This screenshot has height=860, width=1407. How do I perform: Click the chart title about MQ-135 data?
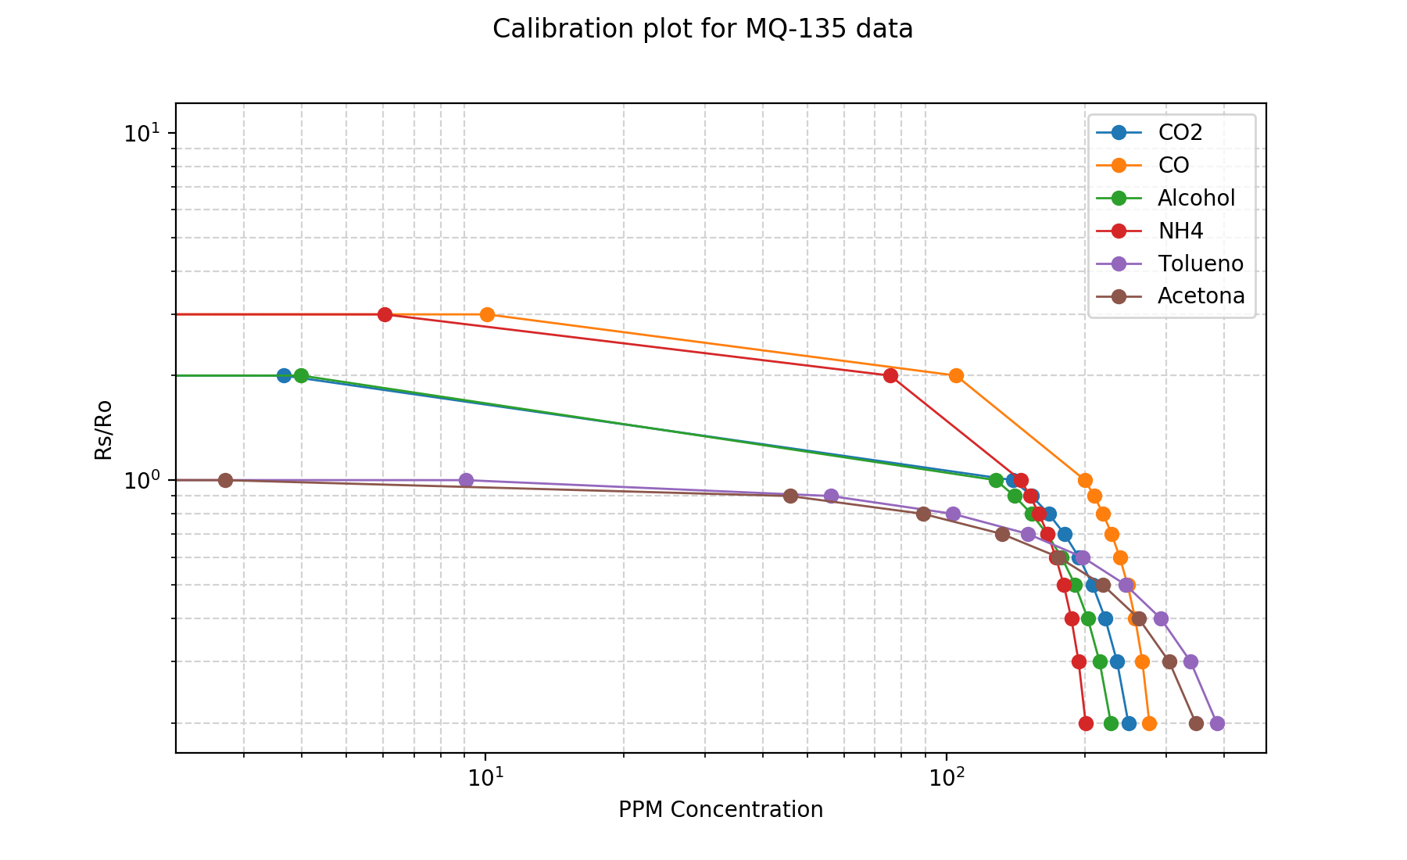click(x=703, y=29)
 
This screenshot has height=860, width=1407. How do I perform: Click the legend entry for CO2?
click(x=1180, y=132)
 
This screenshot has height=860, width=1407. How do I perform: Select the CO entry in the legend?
click(x=1173, y=165)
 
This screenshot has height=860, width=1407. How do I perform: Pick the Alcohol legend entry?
click(x=1196, y=198)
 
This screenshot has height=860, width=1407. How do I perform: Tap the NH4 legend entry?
click(x=1180, y=231)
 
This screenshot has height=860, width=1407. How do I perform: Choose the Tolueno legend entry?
click(x=1200, y=263)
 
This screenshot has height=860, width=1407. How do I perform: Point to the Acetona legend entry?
click(x=1201, y=296)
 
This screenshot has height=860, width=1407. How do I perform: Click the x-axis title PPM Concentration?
click(x=721, y=809)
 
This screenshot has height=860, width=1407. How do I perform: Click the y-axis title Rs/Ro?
click(x=103, y=429)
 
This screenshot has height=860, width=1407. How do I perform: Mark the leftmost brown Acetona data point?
click(x=225, y=480)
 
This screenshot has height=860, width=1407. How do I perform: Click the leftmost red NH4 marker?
click(x=385, y=314)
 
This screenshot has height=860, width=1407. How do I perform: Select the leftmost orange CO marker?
click(x=487, y=314)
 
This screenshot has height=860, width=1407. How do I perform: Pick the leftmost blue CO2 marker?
click(x=284, y=375)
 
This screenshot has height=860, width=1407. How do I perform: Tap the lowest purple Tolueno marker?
click(x=1217, y=723)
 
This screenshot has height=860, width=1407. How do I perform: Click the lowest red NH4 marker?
click(x=1086, y=723)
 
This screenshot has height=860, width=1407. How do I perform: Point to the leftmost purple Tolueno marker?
click(x=466, y=480)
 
